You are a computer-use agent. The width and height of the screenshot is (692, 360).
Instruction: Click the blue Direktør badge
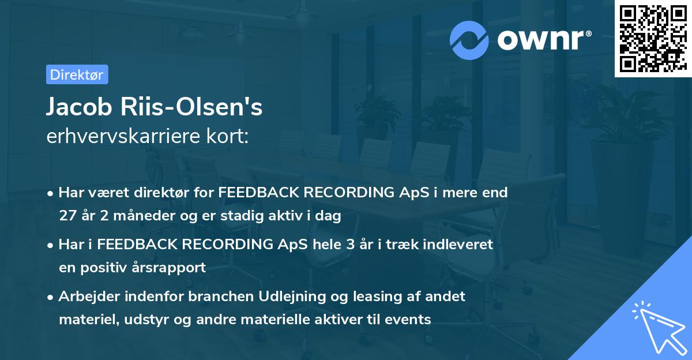pyautogui.click(x=77, y=74)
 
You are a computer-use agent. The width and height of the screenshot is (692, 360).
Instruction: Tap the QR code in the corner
pyautogui.click(x=653, y=39)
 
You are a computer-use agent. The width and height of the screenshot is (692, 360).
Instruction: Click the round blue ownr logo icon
pyautogui.click(x=469, y=40)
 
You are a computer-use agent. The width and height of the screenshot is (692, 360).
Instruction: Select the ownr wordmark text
pyautogui.click(x=540, y=40)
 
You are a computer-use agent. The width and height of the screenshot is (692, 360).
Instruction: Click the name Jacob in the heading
pyautogui.click(x=79, y=107)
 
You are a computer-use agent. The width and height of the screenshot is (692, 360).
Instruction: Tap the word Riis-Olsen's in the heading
pyautogui.click(x=191, y=107)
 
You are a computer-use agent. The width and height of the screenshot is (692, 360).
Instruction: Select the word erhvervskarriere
pyautogui.click(x=123, y=136)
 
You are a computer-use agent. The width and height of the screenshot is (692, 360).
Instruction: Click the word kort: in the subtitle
pyautogui.click(x=227, y=136)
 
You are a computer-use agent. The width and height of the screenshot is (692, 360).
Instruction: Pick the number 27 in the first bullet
pyautogui.click(x=67, y=215)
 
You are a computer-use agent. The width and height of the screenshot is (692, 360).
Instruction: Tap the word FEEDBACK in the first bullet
pyautogui.click(x=259, y=192)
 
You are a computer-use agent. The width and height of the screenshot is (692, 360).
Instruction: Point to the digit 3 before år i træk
pyautogui.click(x=351, y=244)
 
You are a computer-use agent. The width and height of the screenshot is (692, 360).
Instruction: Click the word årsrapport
pyautogui.click(x=168, y=268)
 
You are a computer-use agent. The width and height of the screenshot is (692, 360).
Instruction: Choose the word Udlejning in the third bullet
pyautogui.click(x=292, y=297)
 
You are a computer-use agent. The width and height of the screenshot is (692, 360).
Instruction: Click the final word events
pyautogui.click(x=408, y=319)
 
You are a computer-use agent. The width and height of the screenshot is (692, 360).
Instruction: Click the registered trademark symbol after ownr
pyautogui.click(x=588, y=33)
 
